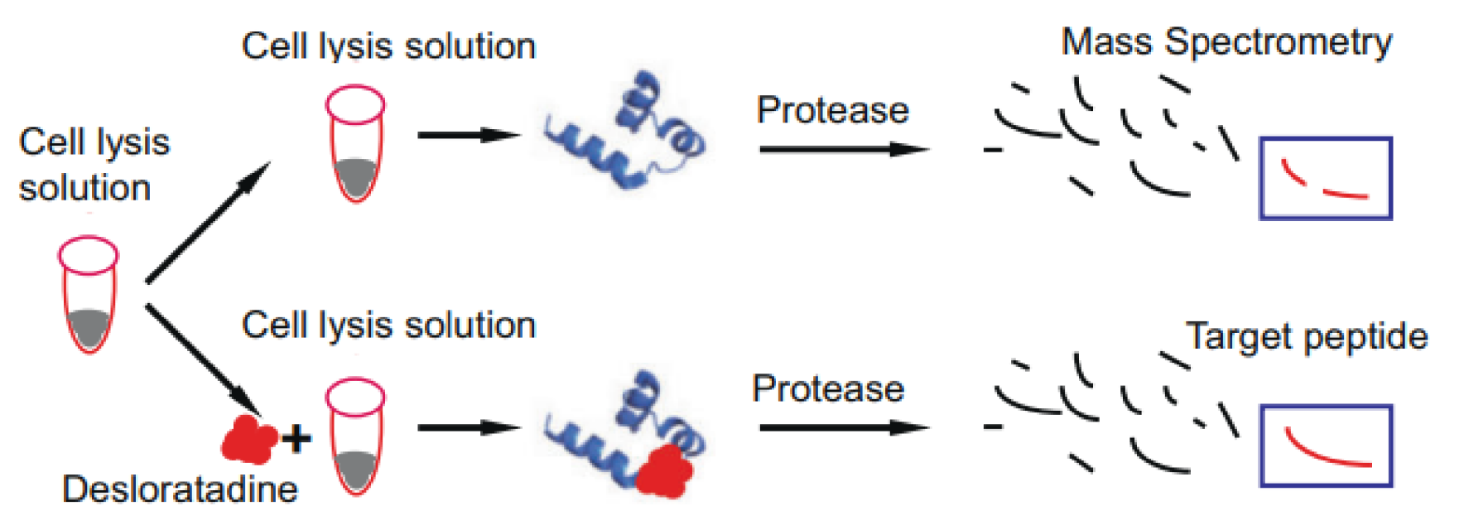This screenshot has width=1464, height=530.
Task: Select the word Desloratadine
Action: point(180,489)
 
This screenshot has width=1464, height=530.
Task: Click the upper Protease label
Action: point(833,110)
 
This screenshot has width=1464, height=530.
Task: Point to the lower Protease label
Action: point(828,388)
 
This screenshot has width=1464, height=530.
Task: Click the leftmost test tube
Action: point(88,294)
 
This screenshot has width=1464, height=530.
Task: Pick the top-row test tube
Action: point(355,143)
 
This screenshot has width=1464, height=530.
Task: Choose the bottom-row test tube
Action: point(355,436)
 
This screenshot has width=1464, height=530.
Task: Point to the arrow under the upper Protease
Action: point(844,149)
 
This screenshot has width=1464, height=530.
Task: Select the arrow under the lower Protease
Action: point(844,427)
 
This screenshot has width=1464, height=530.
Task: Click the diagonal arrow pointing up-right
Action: point(208,222)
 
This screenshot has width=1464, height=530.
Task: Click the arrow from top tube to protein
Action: point(469,135)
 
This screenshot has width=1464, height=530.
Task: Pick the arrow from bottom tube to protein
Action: point(469,428)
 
